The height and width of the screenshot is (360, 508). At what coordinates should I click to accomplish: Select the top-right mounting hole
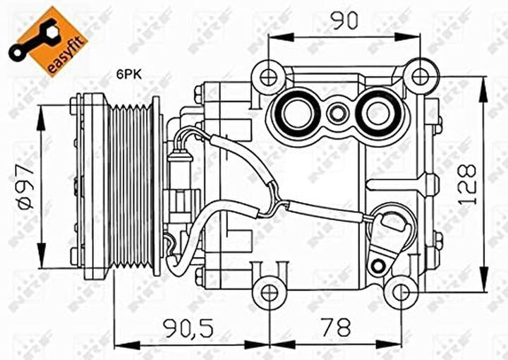tap(421, 76)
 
